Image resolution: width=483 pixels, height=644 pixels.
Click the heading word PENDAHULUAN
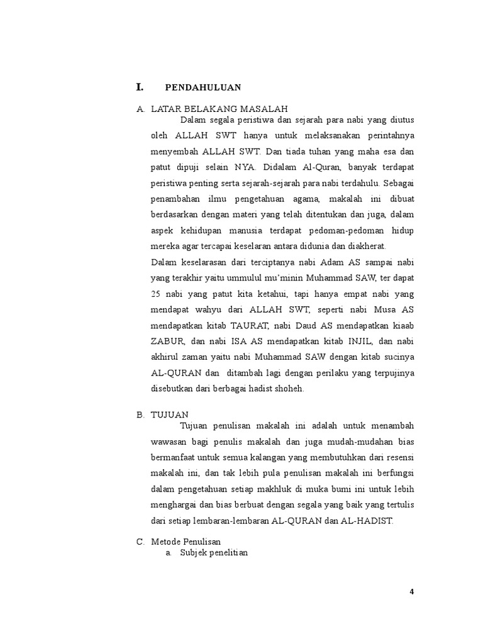tap(203, 87)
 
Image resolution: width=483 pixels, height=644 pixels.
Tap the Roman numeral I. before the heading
tap(140, 86)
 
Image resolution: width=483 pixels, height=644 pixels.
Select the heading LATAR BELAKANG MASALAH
tap(219, 109)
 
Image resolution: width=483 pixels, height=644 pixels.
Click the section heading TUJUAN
tap(170, 414)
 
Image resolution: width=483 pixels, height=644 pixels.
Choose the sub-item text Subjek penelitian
tap(214, 553)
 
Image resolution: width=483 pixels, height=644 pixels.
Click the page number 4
tap(412, 592)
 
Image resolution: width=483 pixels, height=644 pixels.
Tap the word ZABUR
tap(167, 341)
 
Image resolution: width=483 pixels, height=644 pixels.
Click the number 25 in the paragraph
tap(156, 294)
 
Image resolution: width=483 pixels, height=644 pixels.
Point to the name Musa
tap(384, 310)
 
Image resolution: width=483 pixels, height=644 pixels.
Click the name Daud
tap(307, 326)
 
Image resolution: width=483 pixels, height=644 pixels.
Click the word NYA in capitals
tap(245, 167)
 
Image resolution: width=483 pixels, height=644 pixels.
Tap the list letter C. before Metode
tap(140, 541)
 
